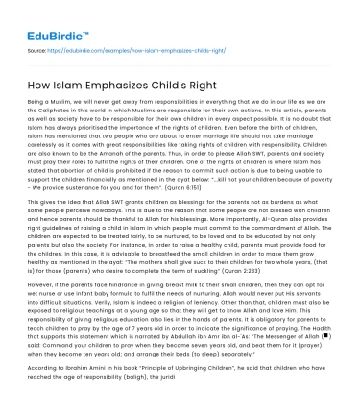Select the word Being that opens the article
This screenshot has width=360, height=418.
[38, 100]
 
